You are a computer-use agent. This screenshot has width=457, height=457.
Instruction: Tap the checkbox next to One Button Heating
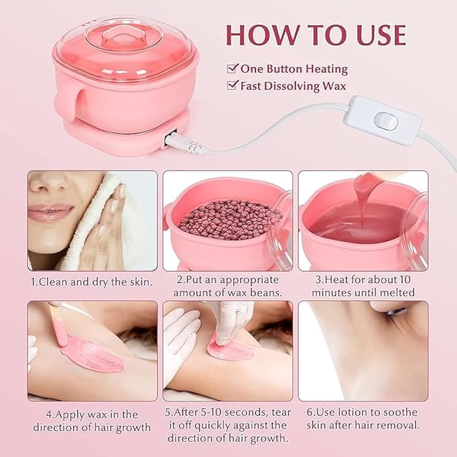(x=233, y=69)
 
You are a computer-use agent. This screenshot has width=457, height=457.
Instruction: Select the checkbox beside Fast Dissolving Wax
(x=233, y=85)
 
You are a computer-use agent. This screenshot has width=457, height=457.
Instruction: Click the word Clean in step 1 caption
(x=53, y=282)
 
